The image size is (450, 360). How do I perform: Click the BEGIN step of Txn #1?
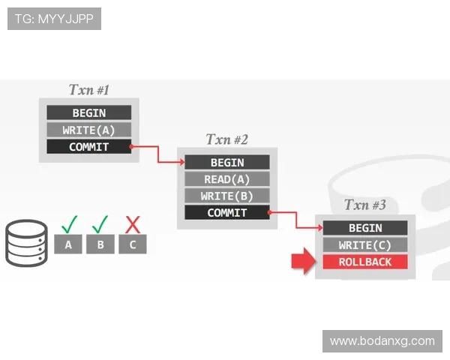pos(89,112)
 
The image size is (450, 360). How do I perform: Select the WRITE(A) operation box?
pos(89,130)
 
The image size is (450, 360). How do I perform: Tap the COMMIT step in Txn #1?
pos(89,147)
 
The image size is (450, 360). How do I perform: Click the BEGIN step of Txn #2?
pos(227,162)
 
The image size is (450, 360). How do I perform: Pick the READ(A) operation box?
pos(227,179)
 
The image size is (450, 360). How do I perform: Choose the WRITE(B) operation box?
pos(227,196)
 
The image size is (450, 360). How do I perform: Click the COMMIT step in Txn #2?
pos(227,212)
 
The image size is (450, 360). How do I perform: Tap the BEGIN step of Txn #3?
pos(365,228)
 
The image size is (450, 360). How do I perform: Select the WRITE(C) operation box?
pos(365,245)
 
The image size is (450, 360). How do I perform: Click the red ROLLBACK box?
pos(365,262)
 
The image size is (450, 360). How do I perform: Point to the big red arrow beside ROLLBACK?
pos(304,261)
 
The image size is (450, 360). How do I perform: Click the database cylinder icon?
pos(26,243)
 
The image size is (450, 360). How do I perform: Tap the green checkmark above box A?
pos(69,224)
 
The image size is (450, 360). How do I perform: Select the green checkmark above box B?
pos(100,224)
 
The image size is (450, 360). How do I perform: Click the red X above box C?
pos(133,224)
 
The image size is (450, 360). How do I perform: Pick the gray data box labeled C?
pos(133,244)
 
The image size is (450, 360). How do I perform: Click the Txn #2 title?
pos(227,139)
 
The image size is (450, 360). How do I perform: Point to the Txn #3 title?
pos(365,205)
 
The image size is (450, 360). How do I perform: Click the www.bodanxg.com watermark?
pos(382,341)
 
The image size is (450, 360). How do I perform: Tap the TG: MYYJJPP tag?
pos(54,19)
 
